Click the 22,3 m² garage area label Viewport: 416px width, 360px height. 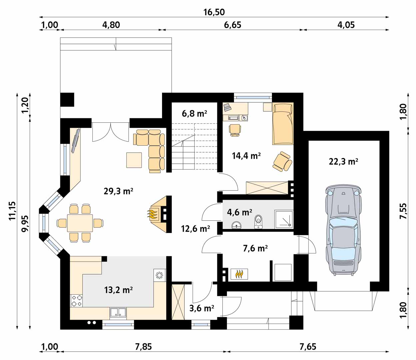(x=343, y=161)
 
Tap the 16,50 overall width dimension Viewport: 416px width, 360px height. (x=214, y=12)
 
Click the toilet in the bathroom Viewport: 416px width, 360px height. (x=258, y=222)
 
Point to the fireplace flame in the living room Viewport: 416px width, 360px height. (x=153, y=215)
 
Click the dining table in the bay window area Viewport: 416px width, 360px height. (x=80, y=223)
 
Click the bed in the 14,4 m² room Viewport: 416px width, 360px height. (x=283, y=124)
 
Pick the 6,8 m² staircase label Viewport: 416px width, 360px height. (x=194, y=114)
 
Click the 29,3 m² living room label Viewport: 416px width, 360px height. (x=118, y=191)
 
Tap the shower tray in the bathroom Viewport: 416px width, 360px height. (x=284, y=219)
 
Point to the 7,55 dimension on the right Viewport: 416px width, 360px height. (x=403, y=211)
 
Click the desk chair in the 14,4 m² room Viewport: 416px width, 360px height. (x=235, y=130)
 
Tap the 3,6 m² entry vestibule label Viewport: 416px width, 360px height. (x=202, y=308)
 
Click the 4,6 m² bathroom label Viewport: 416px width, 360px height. (x=239, y=212)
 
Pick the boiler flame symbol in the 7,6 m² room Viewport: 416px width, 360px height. (x=239, y=274)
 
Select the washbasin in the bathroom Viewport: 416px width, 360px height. (x=237, y=225)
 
